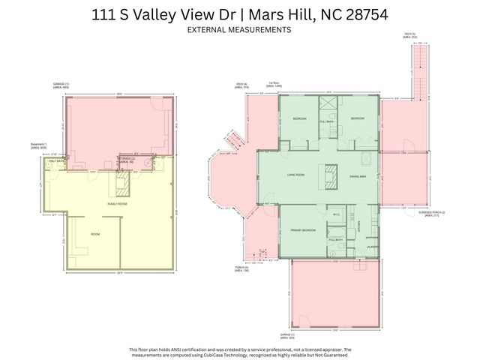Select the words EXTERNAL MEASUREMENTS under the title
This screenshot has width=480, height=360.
239,30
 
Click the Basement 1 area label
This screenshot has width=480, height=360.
38,145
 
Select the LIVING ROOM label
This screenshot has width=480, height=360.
295,175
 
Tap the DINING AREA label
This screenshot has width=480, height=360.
358,175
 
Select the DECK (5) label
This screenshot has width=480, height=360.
409,34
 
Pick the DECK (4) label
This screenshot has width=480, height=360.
241,85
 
